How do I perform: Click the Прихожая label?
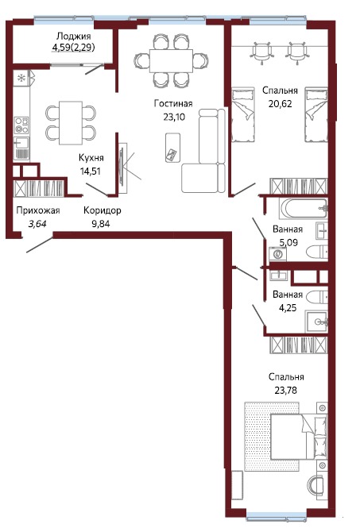coord(38,210)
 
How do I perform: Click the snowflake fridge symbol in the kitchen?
coord(21,78)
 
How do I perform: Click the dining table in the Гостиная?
coord(172,60)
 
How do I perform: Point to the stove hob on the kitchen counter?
coord(21,125)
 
